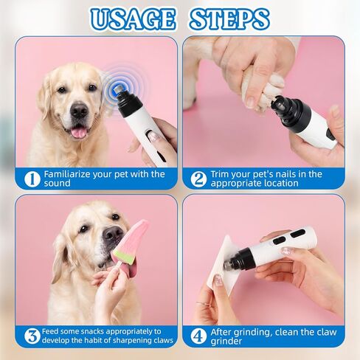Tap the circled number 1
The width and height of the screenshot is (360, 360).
[31, 179]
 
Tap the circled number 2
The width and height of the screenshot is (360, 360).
[198, 179]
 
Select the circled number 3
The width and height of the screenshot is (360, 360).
[31, 336]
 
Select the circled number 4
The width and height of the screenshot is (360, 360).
[198, 336]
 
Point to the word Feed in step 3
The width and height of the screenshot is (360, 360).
[54, 332]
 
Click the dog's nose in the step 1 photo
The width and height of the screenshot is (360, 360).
[78, 112]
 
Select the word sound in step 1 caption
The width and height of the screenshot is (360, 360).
[60, 184]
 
